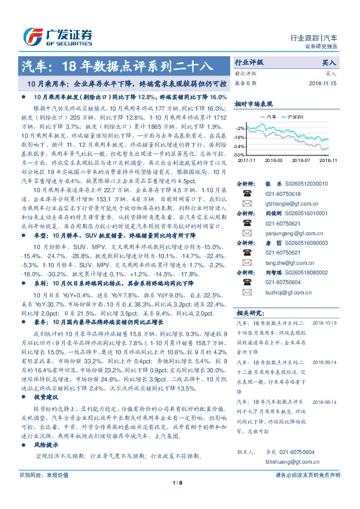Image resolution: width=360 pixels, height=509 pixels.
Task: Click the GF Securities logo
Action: click(57, 36)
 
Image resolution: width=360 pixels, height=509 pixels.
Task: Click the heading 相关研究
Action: click(249, 313)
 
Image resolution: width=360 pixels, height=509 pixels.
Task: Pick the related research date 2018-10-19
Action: click(324, 323)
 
